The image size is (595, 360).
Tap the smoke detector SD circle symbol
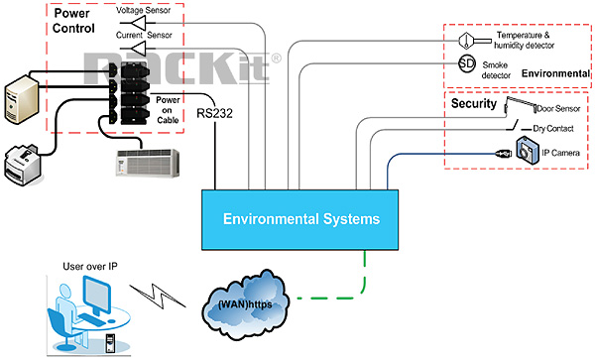[x=466, y=65]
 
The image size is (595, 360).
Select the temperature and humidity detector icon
[x=466, y=40]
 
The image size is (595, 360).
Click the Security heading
[x=473, y=103]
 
